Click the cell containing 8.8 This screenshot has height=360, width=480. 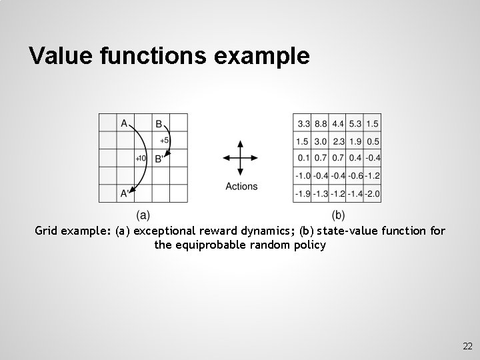coord(320,123)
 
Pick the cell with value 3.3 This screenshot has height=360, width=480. coord(303,123)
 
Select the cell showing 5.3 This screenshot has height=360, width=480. coord(355,123)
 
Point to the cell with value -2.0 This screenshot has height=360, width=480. coord(372,193)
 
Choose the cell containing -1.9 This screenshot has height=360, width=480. coord(302,193)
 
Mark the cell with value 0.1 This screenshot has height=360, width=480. coord(303,158)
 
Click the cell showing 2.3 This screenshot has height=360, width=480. coord(338,141)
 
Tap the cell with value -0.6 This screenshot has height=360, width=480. coord(355,176)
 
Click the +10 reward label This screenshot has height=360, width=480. coord(141,159)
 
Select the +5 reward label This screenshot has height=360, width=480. coord(164,141)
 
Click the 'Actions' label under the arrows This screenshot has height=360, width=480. coord(241,187)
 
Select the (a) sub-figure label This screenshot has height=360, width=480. coord(143,215)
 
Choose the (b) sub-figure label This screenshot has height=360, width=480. coord(338,215)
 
